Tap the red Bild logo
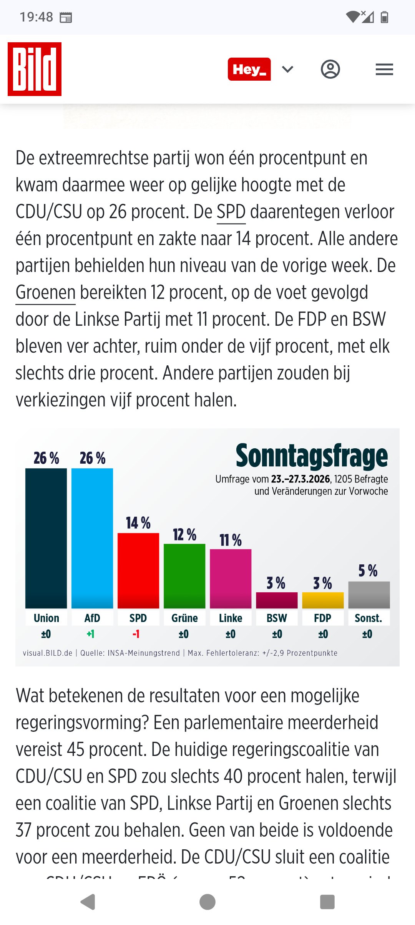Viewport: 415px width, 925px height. [35, 69]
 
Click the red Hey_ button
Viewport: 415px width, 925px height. [249, 69]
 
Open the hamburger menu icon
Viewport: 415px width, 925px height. [384, 70]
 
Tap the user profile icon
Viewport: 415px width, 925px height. [330, 70]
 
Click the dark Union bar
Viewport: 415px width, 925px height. [46, 538]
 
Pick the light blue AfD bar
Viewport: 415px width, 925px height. [92, 538]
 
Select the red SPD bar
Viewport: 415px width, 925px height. [138, 570]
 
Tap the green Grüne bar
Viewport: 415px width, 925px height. [184, 576]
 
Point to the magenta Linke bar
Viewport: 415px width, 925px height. [231, 579]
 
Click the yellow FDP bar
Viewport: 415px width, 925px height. [323, 600]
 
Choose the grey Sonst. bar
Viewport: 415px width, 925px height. [369, 595]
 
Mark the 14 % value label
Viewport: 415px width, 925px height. [138, 523]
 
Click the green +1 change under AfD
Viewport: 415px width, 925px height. [91, 634]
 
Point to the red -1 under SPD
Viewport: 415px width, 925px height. [136, 634]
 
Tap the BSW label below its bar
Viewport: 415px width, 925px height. [277, 618]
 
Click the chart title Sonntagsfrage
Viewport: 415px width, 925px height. [312, 456]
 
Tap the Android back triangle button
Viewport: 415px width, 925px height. [88, 902]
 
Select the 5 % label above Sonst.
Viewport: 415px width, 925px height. [368, 571]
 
